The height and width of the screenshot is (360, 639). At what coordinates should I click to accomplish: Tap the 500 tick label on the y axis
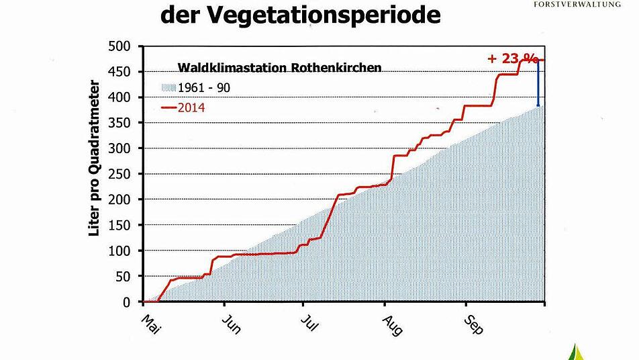point(125,46)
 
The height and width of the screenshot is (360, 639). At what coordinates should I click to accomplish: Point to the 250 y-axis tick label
point(125,174)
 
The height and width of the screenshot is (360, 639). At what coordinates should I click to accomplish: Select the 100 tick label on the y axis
point(125,251)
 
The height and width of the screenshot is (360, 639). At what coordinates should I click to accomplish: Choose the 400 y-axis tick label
point(125,97)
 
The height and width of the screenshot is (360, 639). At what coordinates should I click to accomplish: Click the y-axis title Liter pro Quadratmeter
point(95,160)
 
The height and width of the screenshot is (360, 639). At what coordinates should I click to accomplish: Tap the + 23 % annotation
point(513,58)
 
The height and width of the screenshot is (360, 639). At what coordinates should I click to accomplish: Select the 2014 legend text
point(191,107)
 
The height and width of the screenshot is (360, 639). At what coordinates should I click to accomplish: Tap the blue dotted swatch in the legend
point(168,88)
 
